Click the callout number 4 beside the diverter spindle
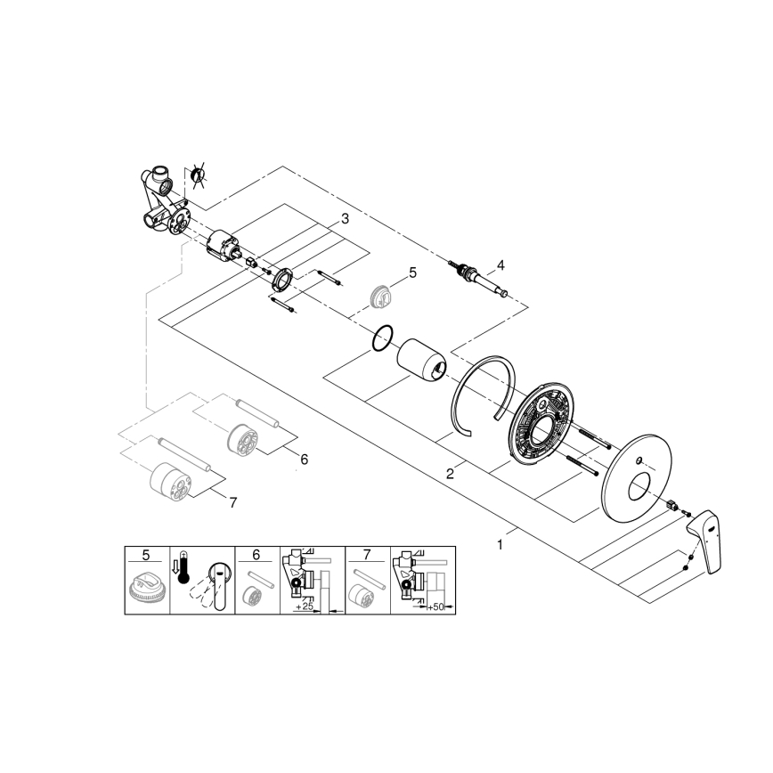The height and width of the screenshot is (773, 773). click(500, 264)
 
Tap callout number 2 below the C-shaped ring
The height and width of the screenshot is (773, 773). click(451, 474)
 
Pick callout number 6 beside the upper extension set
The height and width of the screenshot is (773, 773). click(304, 460)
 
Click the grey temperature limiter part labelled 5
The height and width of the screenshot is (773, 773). click(382, 297)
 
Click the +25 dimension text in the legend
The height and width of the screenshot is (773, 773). click(305, 606)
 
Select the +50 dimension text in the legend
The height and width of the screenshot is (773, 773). click(435, 606)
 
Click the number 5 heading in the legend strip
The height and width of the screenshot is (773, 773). click(146, 554)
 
